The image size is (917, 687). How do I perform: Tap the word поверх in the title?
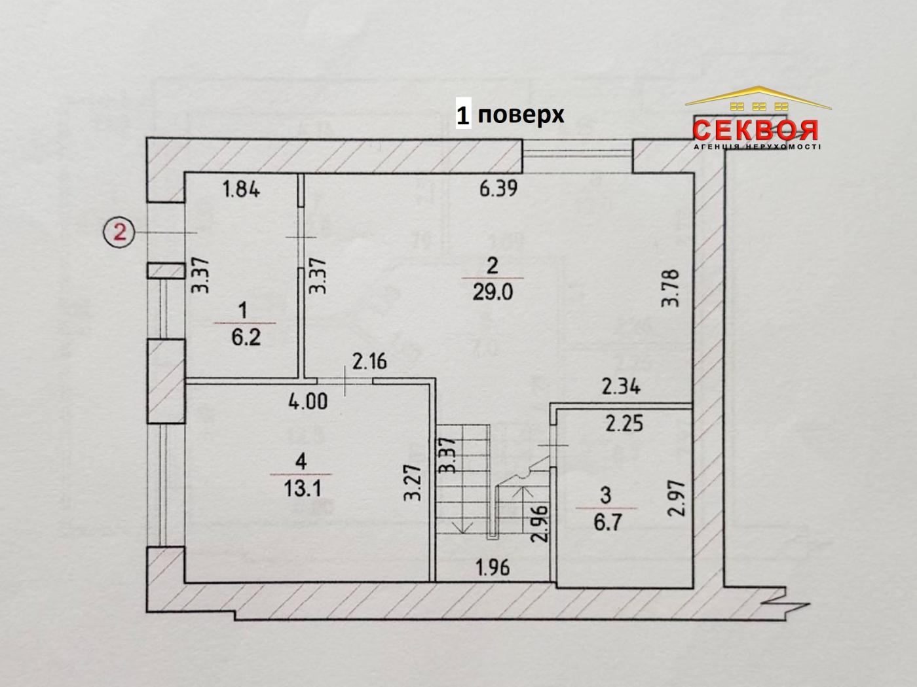(x=521, y=115)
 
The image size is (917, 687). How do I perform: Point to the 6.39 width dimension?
(x=498, y=189)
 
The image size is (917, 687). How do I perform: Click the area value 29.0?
(x=493, y=292)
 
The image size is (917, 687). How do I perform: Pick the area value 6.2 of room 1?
(x=246, y=338)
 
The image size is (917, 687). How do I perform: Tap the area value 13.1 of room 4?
(x=302, y=488)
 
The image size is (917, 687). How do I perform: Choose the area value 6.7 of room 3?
(x=607, y=522)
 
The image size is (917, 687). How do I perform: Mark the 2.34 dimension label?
(x=620, y=387)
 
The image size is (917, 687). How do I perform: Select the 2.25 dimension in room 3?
(x=624, y=424)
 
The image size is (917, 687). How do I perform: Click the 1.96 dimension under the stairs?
(x=493, y=567)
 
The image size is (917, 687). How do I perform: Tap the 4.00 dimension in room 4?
(x=308, y=400)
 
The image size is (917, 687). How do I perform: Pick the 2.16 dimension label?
(x=369, y=361)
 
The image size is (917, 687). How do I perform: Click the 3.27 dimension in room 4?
(x=412, y=483)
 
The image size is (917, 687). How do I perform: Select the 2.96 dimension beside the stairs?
(x=538, y=524)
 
